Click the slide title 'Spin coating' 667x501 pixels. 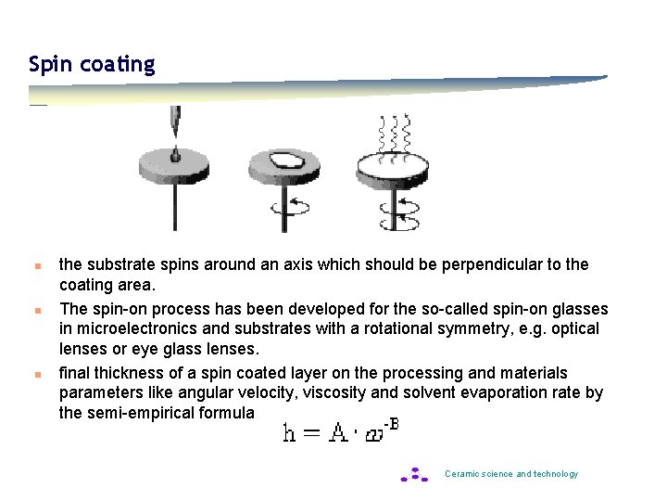coord(92,64)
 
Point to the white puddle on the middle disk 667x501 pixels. coord(283,160)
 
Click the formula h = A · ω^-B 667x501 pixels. coord(340,432)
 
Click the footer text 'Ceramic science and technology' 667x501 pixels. coord(511,474)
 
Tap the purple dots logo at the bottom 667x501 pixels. coord(414,474)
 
